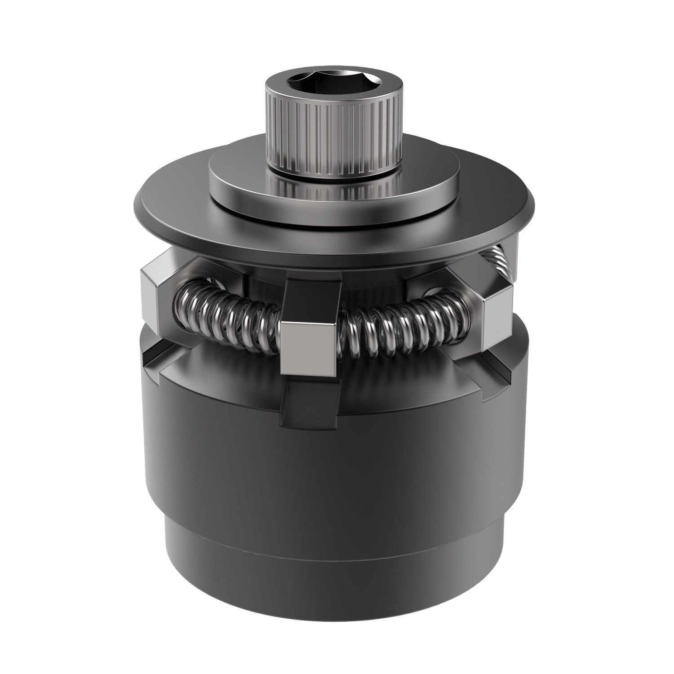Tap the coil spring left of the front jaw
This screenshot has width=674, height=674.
[225, 315]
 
